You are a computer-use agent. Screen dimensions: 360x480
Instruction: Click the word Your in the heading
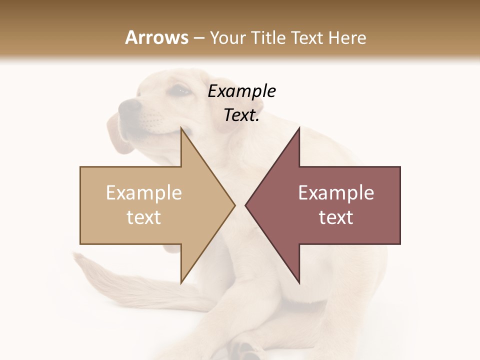[227, 38]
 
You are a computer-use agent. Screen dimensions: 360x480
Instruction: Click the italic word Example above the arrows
[242, 91]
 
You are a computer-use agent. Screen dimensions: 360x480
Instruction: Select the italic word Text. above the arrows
[242, 115]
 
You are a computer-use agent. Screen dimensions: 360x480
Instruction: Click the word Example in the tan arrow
[144, 193]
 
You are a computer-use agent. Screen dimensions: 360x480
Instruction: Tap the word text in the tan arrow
[144, 217]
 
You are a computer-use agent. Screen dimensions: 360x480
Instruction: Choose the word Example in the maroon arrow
[336, 193]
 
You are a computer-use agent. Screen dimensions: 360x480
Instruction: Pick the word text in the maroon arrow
[336, 217]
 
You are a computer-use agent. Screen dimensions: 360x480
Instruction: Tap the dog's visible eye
[180, 91]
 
